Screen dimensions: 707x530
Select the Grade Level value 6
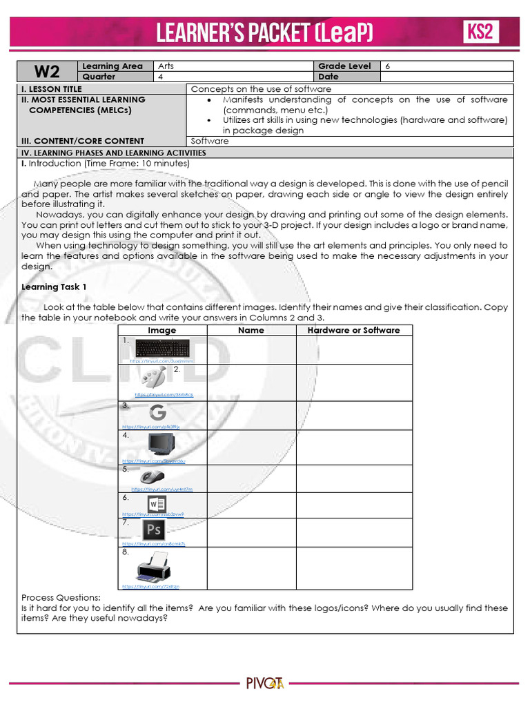click(386, 66)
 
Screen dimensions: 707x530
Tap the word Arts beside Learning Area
click(166, 66)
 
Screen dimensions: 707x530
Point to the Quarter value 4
click(160, 77)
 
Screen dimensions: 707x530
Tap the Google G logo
click(157, 412)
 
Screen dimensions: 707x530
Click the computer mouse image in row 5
click(153, 476)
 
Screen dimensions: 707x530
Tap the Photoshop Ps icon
click(153, 530)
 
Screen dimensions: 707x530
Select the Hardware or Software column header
click(353, 330)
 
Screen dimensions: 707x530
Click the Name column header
click(251, 330)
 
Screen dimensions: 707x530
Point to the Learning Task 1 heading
click(54, 287)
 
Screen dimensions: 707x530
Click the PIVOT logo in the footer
click(265, 684)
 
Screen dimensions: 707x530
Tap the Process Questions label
click(61, 597)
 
